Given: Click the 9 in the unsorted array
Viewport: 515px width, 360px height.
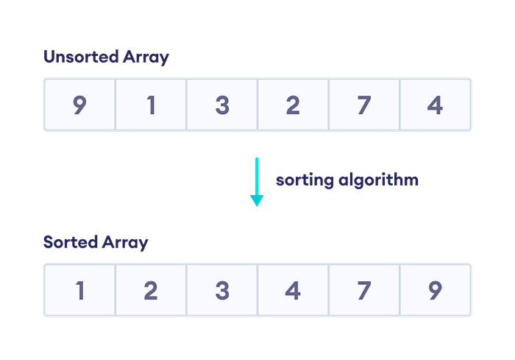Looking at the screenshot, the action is pos(79,105).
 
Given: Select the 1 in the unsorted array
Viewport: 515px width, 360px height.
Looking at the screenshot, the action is pos(151,105).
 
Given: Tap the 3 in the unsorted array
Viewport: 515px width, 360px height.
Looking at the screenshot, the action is pos(222,105).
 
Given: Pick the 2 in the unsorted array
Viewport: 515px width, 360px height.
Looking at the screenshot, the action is pos(293,105).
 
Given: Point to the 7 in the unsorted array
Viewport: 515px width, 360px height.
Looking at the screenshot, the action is pos(364,105).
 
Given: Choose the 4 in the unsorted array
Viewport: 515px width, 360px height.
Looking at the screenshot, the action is pos(436,105).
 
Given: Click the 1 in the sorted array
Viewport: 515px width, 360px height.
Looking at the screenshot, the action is pos(80,291).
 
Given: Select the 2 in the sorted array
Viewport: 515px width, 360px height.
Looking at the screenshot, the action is pos(151,291).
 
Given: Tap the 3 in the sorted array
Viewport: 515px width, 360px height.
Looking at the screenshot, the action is pos(222,291).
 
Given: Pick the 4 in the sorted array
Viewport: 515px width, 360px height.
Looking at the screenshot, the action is pos(293,291).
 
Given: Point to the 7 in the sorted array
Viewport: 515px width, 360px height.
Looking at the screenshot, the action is pos(364,291).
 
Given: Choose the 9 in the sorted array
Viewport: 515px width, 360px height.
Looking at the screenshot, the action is pos(436,291).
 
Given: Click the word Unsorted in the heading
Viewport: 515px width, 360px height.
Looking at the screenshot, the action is pos(81,57).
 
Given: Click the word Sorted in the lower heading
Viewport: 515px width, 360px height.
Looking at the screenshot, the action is pos(71,242).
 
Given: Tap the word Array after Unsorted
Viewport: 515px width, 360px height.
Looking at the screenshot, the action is pos(146,57).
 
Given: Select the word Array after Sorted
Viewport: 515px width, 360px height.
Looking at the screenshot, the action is pos(125,243).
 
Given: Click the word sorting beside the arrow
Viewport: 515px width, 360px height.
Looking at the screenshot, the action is pos(305,180).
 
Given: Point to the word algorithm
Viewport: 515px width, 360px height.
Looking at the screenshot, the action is pos(378,180).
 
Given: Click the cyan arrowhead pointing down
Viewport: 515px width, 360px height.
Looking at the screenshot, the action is pos(257,200).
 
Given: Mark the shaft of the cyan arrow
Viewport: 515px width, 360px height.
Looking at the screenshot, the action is pos(257,177).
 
